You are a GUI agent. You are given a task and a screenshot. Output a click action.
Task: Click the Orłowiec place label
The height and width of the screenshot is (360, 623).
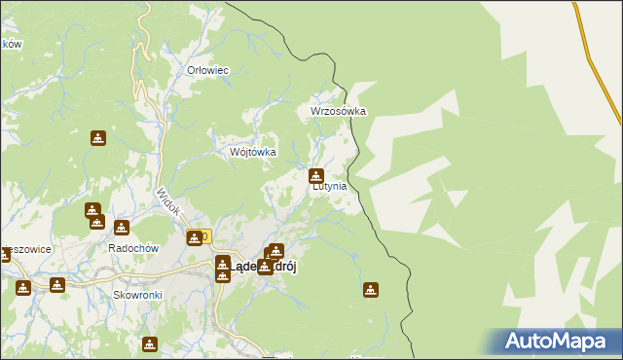(x=206, y=70)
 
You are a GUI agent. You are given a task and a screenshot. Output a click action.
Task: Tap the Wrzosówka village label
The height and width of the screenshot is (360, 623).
(x=338, y=111)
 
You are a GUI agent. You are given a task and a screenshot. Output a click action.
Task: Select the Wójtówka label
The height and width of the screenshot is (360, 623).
(x=252, y=153)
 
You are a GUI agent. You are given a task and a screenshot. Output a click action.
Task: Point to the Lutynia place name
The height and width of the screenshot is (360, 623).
(x=329, y=186)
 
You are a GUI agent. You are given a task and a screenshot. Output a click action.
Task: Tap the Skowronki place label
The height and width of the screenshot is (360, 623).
(x=135, y=294)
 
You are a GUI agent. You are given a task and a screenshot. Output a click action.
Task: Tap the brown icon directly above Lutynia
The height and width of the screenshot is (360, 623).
(x=316, y=176)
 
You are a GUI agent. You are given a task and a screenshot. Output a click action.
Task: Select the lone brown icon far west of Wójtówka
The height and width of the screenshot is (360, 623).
(x=97, y=138)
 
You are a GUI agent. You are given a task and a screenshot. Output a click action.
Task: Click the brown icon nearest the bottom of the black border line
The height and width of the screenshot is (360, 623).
(x=370, y=289)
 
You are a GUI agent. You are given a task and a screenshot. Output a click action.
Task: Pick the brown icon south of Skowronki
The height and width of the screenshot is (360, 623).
(x=149, y=343)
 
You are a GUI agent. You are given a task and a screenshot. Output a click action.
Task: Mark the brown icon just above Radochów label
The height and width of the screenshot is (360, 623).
(x=122, y=228)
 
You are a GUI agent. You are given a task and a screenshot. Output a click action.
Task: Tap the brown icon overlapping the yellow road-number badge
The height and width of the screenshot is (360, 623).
(x=195, y=237)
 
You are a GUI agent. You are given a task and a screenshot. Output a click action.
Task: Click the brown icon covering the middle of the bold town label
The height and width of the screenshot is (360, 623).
(x=264, y=267)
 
